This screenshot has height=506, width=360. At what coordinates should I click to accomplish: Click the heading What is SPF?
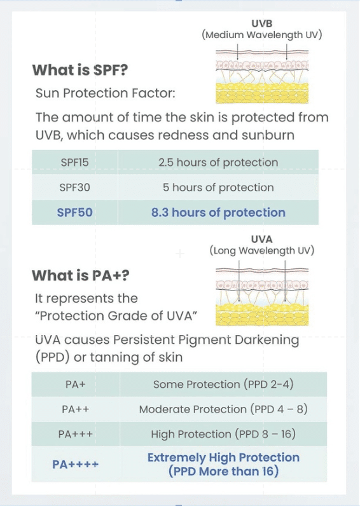pyautogui.click(x=80, y=70)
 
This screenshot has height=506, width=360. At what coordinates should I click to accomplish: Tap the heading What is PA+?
pyautogui.click(x=80, y=275)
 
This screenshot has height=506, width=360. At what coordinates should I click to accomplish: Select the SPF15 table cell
pyautogui.click(x=74, y=162)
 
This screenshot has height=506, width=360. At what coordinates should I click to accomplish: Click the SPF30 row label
pyautogui.click(x=74, y=188)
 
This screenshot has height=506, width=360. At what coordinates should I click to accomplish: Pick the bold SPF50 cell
pyautogui.click(x=74, y=212)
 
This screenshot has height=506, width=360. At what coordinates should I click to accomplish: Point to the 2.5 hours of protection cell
pyautogui.click(x=218, y=162)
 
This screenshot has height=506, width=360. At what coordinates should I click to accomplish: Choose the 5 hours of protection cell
pyautogui.click(x=218, y=188)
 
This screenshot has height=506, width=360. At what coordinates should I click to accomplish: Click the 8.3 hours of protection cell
pyautogui.click(x=218, y=212)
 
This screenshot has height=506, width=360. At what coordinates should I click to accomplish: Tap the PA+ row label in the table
pyautogui.click(x=76, y=385)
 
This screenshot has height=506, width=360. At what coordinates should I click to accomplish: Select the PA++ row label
pyautogui.click(x=76, y=409)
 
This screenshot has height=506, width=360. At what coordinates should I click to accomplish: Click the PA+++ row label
pyautogui.click(x=76, y=434)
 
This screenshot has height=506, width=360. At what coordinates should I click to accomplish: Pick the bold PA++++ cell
pyautogui.click(x=76, y=465)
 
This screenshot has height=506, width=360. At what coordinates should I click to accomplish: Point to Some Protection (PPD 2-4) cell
pyautogui.click(x=223, y=385)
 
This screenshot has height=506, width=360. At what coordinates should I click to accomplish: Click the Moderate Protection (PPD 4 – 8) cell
pyautogui.click(x=223, y=409)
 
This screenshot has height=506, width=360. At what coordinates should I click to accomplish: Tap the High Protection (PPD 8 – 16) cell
pyautogui.click(x=223, y=434)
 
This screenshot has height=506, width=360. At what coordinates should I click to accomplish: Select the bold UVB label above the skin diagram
pyautogui.click(x=262, y=24)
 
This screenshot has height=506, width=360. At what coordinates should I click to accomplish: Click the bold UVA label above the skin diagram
pyautogui.click(x=262, y=239)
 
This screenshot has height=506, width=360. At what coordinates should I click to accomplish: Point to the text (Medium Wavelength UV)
pyautogui.click(x=262, y=35)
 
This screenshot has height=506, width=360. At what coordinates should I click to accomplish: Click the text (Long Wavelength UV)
pyautogui.click(x=262, y=250)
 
